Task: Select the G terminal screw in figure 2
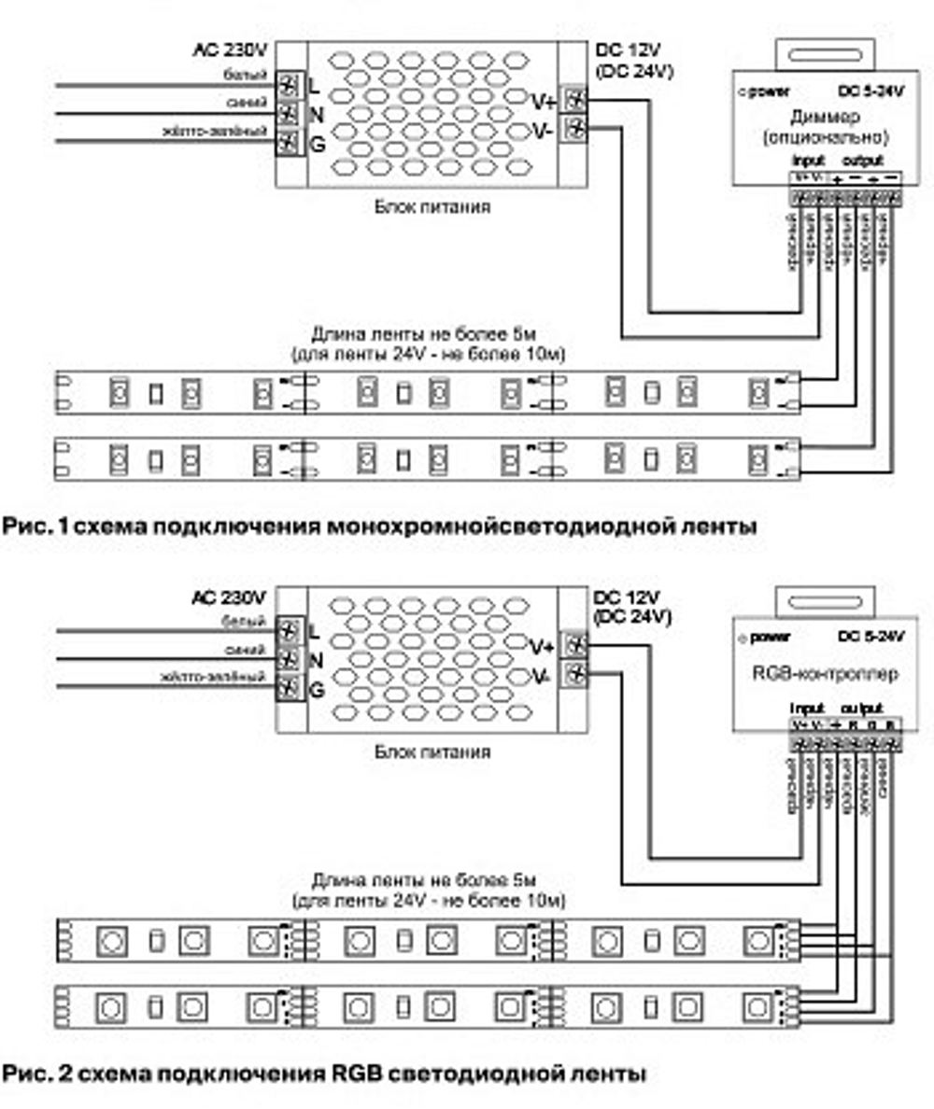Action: (x=290, y=690)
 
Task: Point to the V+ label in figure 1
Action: (x=543, y=101)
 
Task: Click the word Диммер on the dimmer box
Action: (x=817, y=117)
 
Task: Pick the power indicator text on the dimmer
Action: (x=765, y=91)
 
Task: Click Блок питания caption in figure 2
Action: (x=431, y=751)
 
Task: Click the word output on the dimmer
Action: (x=863, y=161)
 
